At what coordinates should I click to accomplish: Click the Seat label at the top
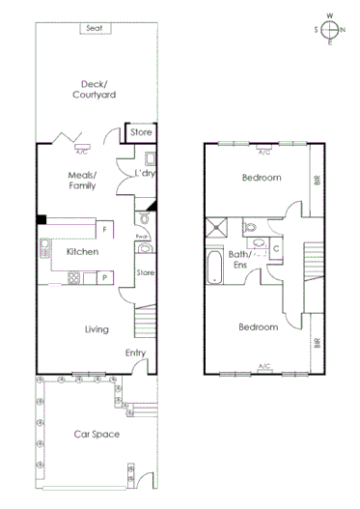click(x=94, y=28)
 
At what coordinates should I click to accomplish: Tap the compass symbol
click(x=330, y=29)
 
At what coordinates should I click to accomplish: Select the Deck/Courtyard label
click(x=94, y=89)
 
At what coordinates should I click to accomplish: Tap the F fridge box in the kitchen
click(x=104, y=230)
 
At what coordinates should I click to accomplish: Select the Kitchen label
click(x=83, y=251)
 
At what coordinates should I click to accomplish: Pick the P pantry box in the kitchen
click(x=104, y=278)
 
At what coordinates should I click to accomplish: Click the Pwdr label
click(x=141, y=236)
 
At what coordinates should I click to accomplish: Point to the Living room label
click(x=97, y=329)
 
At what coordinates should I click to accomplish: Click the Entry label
click(x=135, y=353)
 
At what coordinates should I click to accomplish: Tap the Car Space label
click(x=97, y=435)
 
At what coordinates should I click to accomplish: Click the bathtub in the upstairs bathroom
click(x=214, y=266)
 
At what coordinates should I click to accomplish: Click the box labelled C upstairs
click(x=276, y=248)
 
